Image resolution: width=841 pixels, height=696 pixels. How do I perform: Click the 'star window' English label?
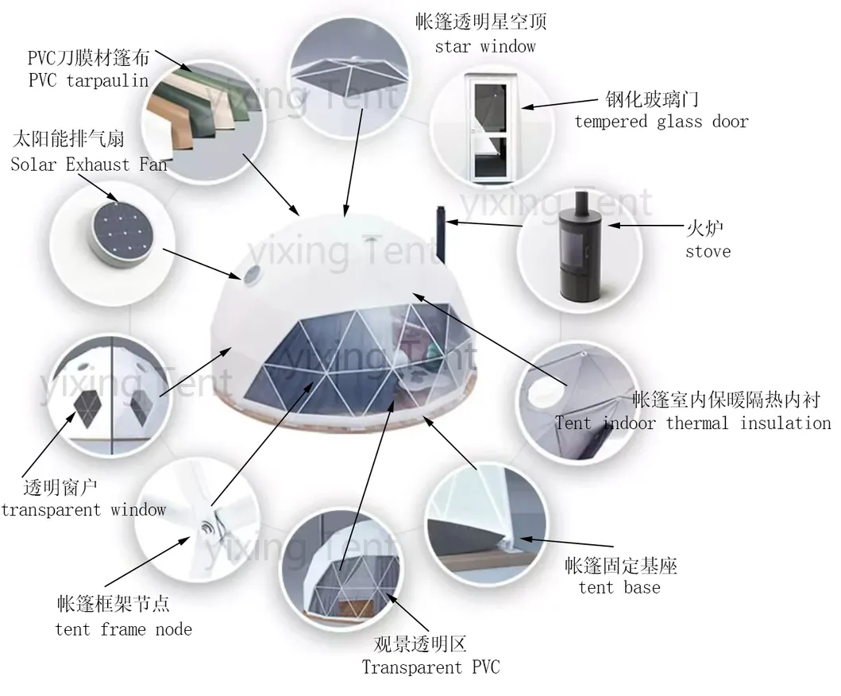click(x=484, y=46)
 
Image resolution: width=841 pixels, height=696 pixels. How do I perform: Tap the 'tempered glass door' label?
click(x=662, y=122)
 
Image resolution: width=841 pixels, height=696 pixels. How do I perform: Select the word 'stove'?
click(x=708, y=252)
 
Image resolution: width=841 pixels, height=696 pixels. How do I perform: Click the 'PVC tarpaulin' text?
click(x=88, y=80)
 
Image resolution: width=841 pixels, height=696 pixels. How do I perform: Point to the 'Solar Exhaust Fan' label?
click(x=88, y=164)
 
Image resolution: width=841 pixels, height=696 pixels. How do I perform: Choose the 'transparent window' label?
click(x=83, y=509)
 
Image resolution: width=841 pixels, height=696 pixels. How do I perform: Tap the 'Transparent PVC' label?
click(x=431, y=667)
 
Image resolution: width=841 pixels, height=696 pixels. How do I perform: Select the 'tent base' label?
click(x=619, y=588)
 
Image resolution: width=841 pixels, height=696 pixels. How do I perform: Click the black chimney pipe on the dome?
click(x=438, y=234)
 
